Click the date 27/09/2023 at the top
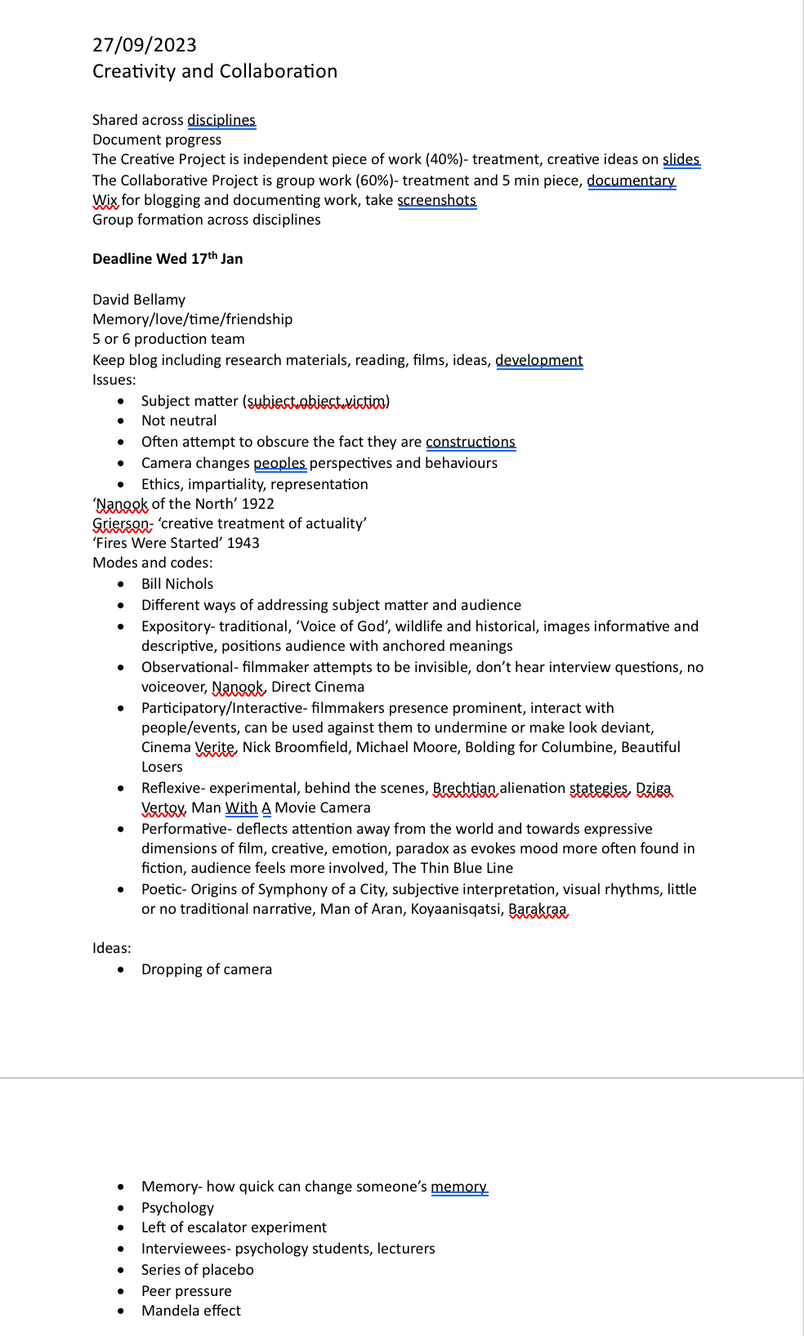145,45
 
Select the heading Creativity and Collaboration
215,72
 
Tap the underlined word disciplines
221,121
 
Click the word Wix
105,201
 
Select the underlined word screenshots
436,201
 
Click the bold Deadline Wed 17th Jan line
167,259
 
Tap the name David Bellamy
139,300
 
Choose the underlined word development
538,361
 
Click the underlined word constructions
470,443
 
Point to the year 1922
257,504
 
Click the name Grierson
121,523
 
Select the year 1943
243,543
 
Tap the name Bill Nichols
177,584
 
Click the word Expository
175,626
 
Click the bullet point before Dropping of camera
122,970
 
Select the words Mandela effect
191,1311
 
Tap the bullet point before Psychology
122,1208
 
